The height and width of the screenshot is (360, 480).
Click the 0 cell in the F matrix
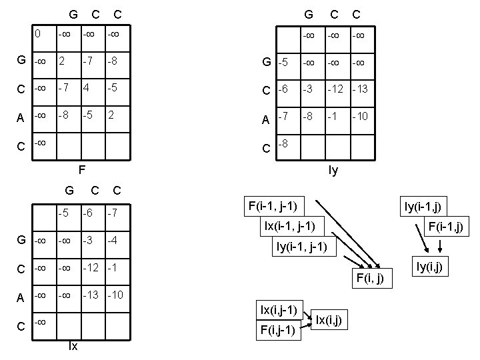coord(40,33)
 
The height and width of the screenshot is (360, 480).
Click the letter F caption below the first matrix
coord(81,169)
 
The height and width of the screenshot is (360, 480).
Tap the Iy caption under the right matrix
coord(333,170)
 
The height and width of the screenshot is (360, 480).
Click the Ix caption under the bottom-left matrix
coord(73,347)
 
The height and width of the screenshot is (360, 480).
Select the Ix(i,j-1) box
coord(279,310)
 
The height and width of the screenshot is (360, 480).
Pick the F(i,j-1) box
coord(278,330)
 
